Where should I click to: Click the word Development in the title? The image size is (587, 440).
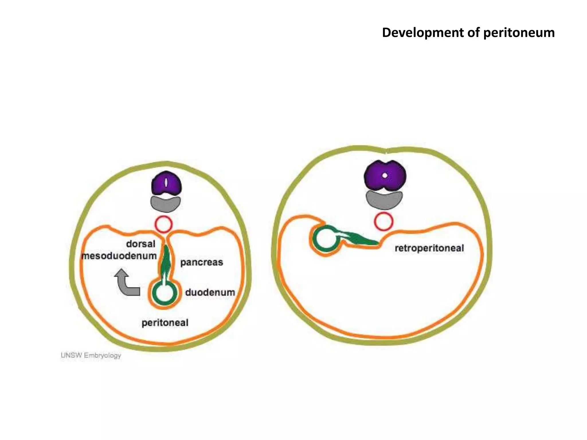click(423, 33)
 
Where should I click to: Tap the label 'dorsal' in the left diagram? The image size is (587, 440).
click(141, 244)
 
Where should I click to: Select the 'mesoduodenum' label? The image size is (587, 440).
click(119, 256)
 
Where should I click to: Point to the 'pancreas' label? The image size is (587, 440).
click(201, 262)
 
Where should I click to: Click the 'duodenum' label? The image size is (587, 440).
click(210, 292)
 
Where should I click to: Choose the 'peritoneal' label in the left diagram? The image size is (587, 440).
click(165, 323)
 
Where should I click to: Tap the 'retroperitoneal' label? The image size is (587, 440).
click(429, 248)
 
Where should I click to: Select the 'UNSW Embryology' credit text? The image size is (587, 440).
click(91, 355)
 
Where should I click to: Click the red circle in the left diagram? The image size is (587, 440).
click(164, 224)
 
